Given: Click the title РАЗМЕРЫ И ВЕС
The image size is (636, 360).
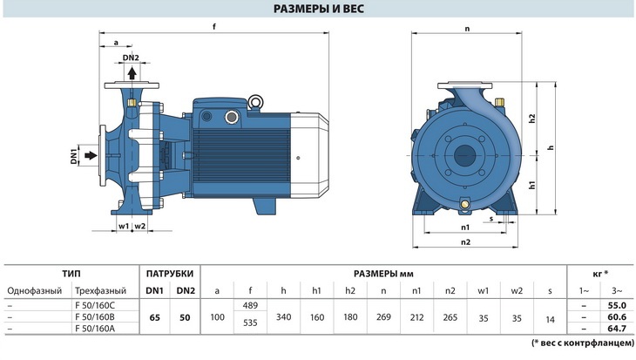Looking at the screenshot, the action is coord(318,9).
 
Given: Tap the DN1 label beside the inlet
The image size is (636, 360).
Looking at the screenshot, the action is coord(74,156).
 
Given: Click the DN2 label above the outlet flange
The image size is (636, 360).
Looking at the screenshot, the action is coord(131,58).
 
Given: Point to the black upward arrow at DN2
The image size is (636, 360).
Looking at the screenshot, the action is coord(132,73).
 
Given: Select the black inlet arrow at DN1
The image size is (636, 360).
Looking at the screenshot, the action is coord(91,155).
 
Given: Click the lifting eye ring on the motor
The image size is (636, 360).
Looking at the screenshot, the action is coord(255,102).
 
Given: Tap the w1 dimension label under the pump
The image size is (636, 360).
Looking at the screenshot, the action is coord(124,226).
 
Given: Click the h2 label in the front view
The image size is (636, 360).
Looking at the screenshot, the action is coord(532,119).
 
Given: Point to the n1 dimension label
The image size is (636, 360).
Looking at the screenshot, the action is coord(465,228).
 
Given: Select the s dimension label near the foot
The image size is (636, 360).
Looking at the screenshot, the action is coord(491,219).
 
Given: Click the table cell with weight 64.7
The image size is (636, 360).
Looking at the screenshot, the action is coord(617,328).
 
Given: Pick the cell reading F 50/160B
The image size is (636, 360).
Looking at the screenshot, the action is coord(95,316).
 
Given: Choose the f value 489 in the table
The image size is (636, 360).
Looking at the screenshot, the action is coord(250,305).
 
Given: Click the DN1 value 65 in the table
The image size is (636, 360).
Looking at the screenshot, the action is coord(154,317).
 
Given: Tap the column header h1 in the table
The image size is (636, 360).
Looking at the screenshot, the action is coord(317,290).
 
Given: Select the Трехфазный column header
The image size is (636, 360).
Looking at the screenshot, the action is coord(100,290).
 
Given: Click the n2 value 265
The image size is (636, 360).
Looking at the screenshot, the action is coord(450,317).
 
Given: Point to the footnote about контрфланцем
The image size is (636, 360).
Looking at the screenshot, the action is coord(583,343).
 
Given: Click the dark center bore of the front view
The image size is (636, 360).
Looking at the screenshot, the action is coord(465,155).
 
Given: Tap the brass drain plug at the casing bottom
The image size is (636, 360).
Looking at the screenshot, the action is coord(464,203).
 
